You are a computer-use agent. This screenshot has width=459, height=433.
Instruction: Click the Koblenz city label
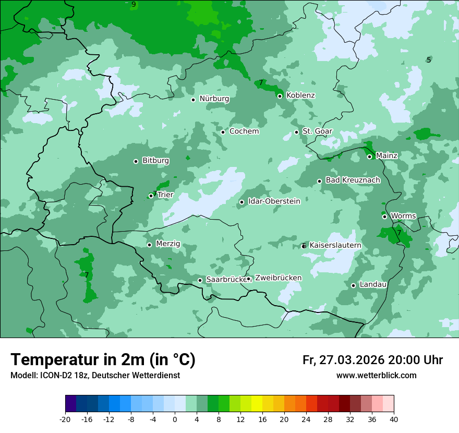[x=300, y=95]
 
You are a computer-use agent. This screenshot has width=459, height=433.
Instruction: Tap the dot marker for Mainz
[x=369, y=157]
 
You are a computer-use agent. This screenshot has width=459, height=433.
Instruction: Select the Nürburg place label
[x=214, y=99]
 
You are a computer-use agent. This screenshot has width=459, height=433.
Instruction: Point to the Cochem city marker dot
[x=223, y=132]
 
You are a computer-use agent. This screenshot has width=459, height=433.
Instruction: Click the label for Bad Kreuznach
[x=353, y=180]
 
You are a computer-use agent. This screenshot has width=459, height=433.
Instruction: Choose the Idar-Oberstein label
[x=274, y=201]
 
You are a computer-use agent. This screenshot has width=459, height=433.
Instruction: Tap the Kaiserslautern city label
[x=335, y=245]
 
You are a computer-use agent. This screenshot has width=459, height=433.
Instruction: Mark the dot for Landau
[x=353, y=285]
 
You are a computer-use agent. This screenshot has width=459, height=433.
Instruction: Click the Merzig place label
[x=168, y=244]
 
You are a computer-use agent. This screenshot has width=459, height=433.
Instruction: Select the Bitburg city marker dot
[x=136, y=161]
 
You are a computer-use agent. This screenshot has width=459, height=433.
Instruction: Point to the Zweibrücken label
[x=278, y=278]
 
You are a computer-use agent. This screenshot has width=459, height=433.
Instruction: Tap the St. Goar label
[x=317, y=131]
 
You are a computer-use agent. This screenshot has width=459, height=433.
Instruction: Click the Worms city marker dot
[x=384, y=216]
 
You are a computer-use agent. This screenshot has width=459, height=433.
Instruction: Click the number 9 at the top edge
[x=134, y=4]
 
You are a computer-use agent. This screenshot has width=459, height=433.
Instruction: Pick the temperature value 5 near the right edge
[x=429, y=60]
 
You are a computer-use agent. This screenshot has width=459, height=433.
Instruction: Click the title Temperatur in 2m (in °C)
[x=103, y=359]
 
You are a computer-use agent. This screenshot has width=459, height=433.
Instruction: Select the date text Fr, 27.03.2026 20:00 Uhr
[x=372, y=360]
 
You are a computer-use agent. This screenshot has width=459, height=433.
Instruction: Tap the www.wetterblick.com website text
[x=376, y=376]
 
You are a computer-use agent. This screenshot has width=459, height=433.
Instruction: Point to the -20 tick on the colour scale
[x=65, y=419]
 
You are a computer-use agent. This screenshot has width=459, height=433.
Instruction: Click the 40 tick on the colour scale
[x=394, y=419]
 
